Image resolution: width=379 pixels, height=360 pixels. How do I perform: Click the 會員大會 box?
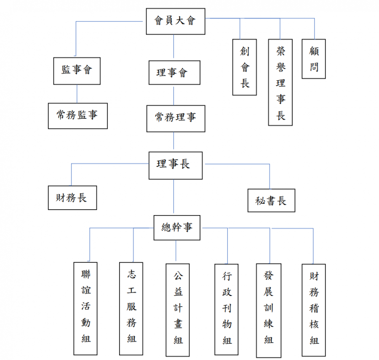coord(175,21)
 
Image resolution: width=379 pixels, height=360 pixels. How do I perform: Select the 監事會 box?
coord(77,71)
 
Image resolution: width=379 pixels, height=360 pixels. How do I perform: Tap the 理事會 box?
coord(174,72)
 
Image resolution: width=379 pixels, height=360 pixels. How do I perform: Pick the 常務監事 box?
coord(77,115)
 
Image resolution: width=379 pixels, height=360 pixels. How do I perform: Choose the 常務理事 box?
coord(175,118)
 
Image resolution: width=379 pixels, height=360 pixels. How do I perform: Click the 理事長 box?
coord(176,165)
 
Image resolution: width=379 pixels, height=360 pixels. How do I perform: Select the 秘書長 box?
coord(271,200)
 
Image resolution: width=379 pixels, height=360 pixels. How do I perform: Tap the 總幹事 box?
coord(176,228)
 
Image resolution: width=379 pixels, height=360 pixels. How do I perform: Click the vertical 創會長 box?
coord(244,67)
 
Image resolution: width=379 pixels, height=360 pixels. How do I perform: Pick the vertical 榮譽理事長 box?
coord(280,82)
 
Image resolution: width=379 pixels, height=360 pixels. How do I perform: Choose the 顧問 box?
coord(313,59)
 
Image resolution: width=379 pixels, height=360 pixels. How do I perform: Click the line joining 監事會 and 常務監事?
coord(77,94)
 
